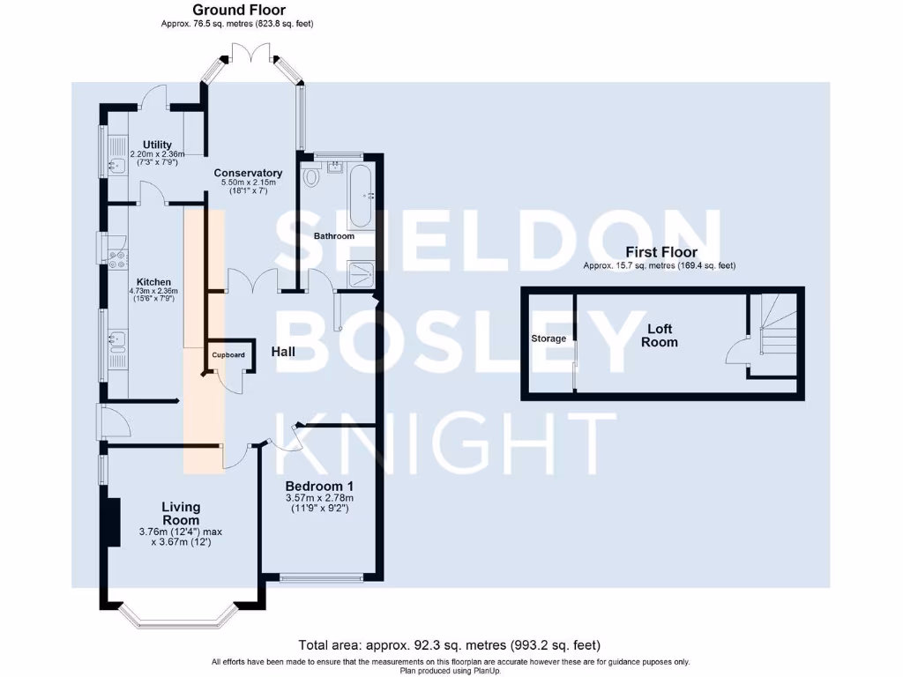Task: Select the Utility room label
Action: (x=157, y=145)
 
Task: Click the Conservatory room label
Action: (x=249, y=173)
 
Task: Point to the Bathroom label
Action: (x=334, y=236)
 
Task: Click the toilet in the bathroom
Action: (x=311, y=177)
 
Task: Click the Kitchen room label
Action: (x=153, y=282)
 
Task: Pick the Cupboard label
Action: (x=227, y=355)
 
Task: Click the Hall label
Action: (x=283, y=352)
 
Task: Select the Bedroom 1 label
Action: (x=319, y=486)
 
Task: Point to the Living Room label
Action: (x=181, y=513)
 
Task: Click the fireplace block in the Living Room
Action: (x=113, y=523)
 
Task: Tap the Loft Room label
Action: (x=660, y=335)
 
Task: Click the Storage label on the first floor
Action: (x=549, y=338)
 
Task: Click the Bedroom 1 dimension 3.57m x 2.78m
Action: (x=319, y=499)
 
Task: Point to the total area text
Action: (x=451, y=645)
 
